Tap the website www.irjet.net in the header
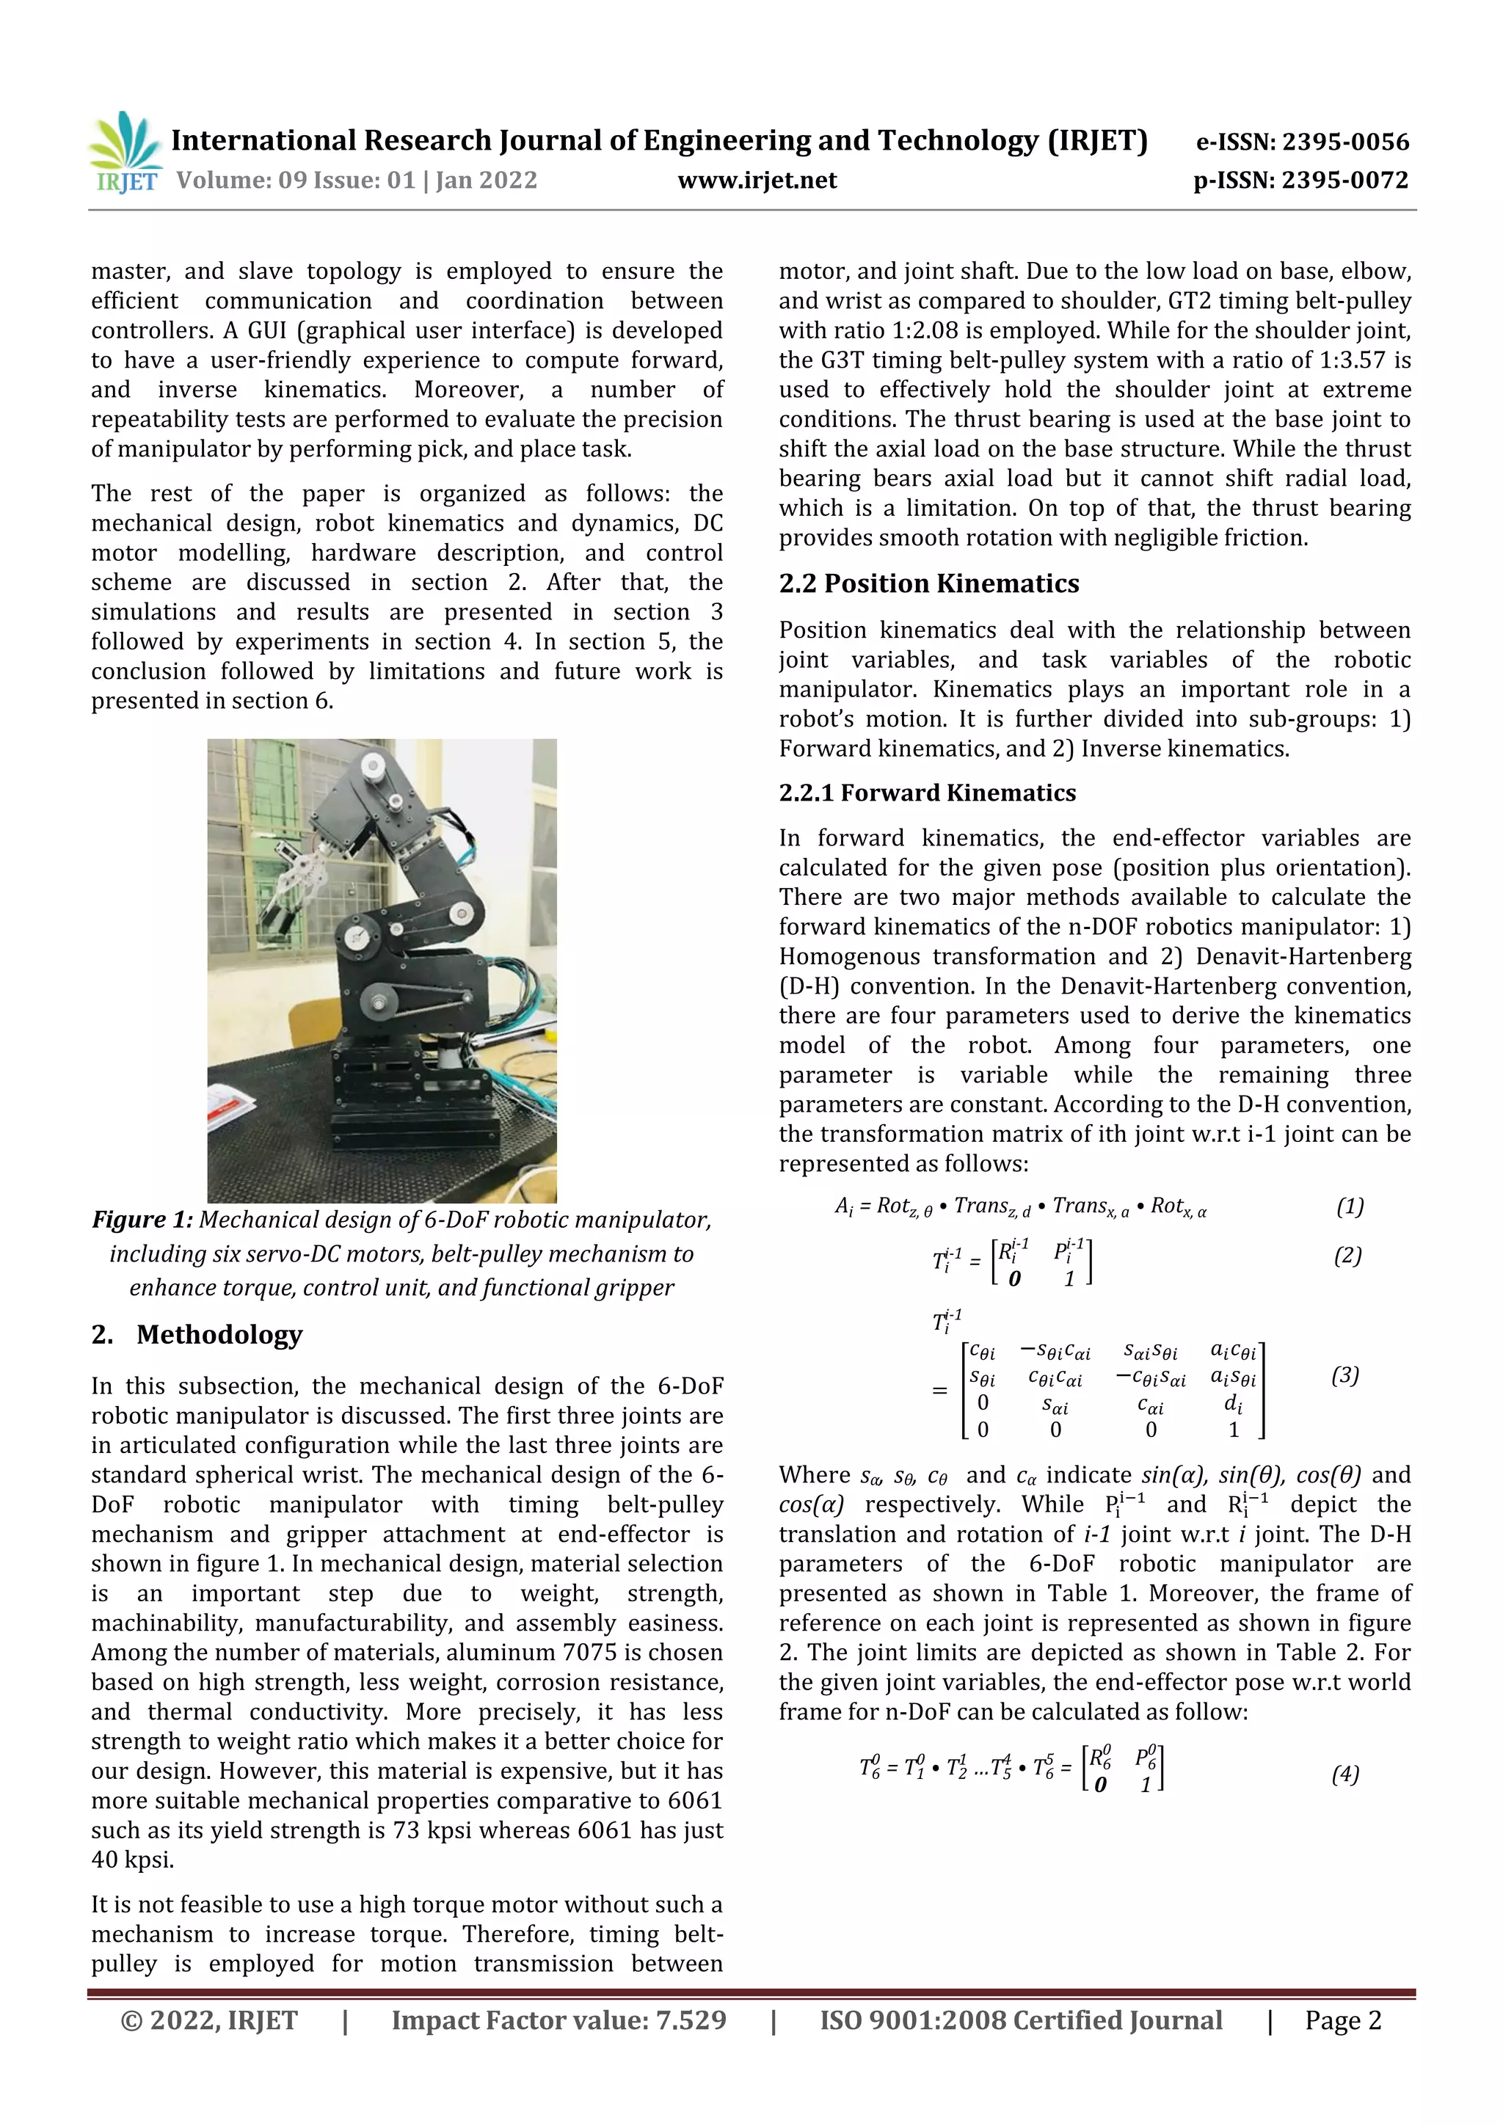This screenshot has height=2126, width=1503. pyautogui.click(x=757, y=180)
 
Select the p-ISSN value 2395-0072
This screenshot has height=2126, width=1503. pyautogui.click(x=1344, y=180)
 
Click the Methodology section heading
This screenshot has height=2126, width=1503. pyautogui.click(x=219, y=1334)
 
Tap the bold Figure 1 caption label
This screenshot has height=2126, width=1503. pyautogui.click(x=142, y=1220)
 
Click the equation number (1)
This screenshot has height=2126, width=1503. pyautogui.click(x=1350, y=1206)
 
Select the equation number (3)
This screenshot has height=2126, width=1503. pyautogui.click(x=1344, y=1375)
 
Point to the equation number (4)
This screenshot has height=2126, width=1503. pyautogui.click(x=1344, y=1774)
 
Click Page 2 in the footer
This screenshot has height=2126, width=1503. pyautogui.click(x=1343, y=2020)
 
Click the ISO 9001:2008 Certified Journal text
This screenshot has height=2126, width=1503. pyautogui.click(x=1021, y=2020)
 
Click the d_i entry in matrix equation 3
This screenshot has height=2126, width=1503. pyautogui.click(x=1233, y=1404)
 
